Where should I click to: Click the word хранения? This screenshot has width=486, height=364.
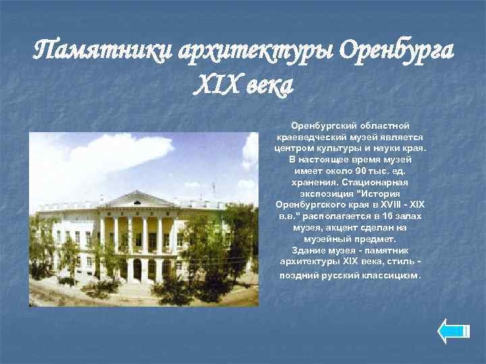point(311,182)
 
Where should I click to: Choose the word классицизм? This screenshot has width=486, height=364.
point(391,275)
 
